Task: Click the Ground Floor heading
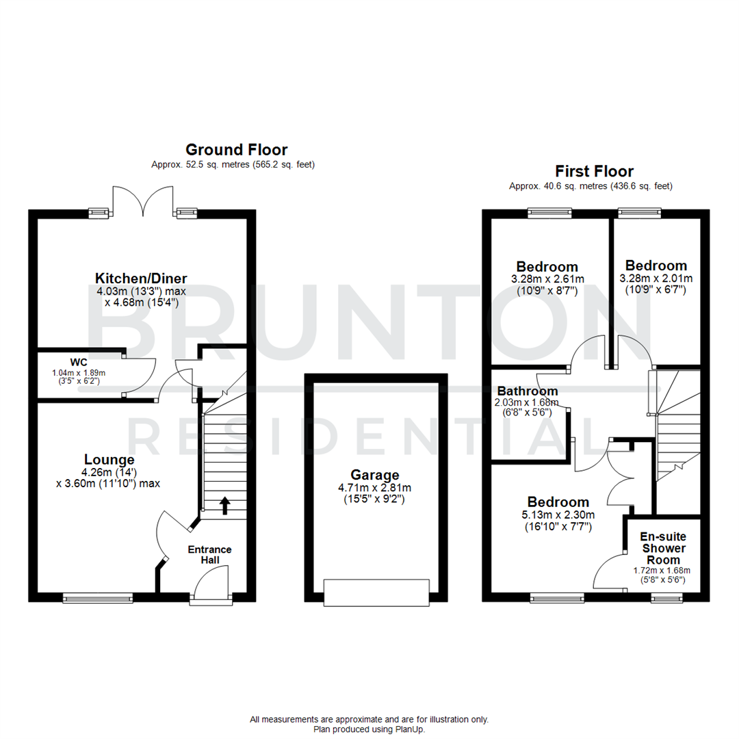point(237,150)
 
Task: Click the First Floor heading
point(594,171)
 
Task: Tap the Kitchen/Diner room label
point(141,278)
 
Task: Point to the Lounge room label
point(109,459)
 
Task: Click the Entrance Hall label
point(210,555)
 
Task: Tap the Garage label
point(375,475)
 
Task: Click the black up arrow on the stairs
point(224,504)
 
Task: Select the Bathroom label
point(526,391)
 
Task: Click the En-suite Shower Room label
point(662,549)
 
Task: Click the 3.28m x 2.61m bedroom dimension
point(547,279)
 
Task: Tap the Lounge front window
point(98,598)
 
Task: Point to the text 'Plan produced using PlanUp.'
point(369,729)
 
